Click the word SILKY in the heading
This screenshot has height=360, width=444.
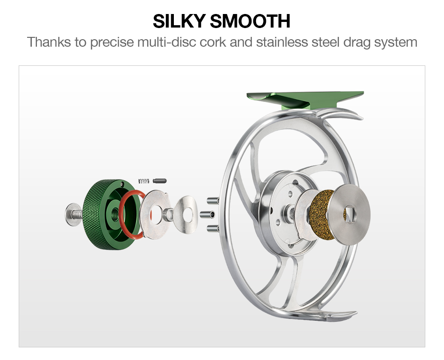point(179,21)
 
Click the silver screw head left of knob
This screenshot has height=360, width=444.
point(71,214)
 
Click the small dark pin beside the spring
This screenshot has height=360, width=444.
point(160,180)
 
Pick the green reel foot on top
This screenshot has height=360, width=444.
point(304,99)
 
